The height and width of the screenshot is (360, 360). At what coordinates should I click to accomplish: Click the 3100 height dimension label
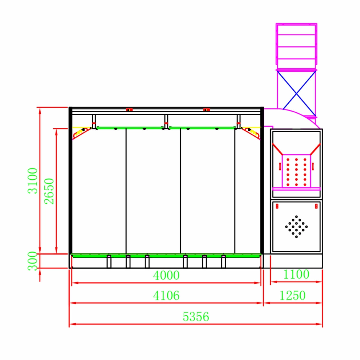point(33,181)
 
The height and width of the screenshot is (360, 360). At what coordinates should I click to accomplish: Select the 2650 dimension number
point(49,191)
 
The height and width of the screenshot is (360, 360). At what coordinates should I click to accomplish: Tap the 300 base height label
point(32,261)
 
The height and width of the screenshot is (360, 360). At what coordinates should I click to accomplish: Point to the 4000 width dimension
point(166,275)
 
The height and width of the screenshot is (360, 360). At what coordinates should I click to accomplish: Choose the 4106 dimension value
point(166,296)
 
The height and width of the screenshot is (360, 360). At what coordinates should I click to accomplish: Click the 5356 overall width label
point(196,317)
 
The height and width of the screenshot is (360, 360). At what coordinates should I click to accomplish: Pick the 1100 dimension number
point(296,274)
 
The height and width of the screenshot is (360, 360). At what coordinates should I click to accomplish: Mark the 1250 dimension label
point(292,296)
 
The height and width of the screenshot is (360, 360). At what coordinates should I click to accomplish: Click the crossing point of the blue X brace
point(296,94)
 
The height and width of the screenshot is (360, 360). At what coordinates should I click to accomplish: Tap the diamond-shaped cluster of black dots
point(296,226)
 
